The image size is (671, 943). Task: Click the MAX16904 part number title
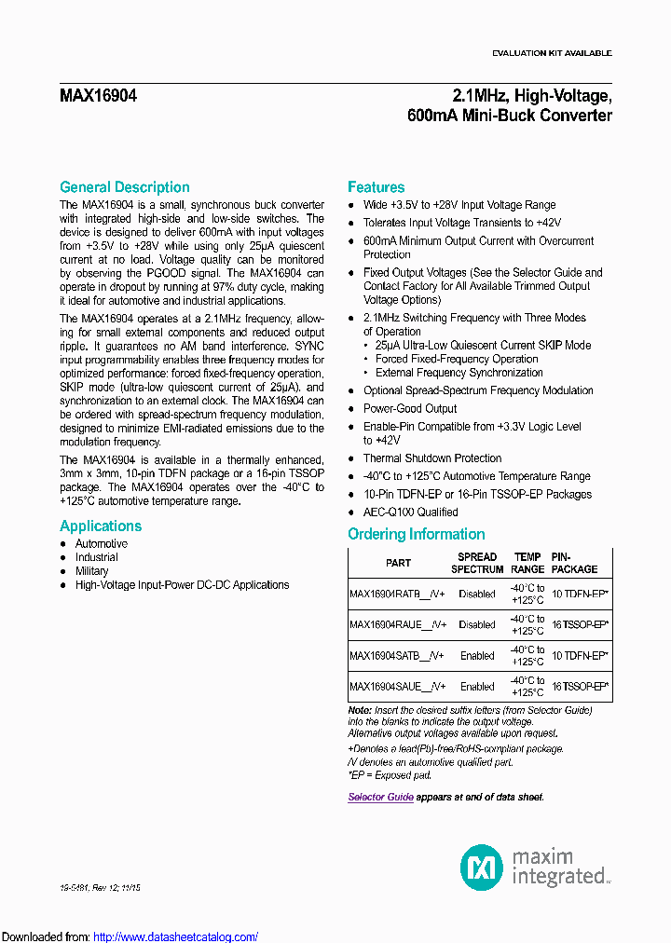98,96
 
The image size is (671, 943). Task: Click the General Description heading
124,187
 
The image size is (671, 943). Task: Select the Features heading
376,187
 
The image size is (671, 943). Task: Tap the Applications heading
101,526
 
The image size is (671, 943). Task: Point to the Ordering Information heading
416,534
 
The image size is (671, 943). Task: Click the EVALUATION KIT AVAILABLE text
552,53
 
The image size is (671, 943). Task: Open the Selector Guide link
380,797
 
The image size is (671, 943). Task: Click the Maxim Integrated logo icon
482,866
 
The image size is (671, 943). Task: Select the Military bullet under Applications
91,571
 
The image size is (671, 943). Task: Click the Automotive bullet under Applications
101,543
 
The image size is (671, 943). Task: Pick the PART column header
398,563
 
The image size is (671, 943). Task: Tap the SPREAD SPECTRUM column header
477,563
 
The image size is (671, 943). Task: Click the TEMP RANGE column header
527,563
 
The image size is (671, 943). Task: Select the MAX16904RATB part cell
398,594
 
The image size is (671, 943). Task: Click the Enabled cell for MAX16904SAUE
477,687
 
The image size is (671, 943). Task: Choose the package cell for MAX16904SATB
580,655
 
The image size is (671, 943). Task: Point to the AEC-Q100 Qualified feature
410,512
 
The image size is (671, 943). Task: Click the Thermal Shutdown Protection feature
431,458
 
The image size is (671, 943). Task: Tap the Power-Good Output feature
410,408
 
